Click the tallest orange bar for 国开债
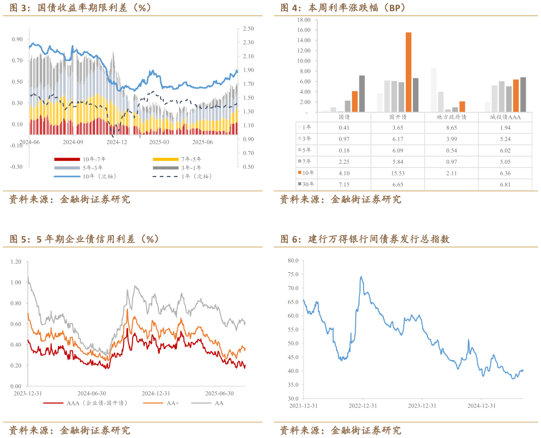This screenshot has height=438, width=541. pyautogui.click(x=408, y=72)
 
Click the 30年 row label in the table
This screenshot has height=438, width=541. pyautogui.click(x=307, y=184)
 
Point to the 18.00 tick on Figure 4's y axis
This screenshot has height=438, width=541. pyautogui.click(x=304, y=20)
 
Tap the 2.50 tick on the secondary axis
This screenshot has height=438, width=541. pyautogui.click(x=248, y=28)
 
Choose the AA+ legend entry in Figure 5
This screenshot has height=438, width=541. pyautogui.click(x=173, y=403)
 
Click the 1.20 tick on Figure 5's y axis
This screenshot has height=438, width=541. pyautogui.click(x=15, y=261)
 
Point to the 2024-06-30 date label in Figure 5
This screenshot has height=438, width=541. pyautogui.click(x=92, y=393)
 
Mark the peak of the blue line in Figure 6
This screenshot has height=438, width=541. pyautogui.click(x=361, y=277)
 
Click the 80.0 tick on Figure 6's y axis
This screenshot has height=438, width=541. pyautogui.click(x=292, y=260)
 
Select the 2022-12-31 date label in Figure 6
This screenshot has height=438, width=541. pyautogui.click(x=363, y=405)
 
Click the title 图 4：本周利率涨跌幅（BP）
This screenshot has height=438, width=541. pyautogui.click(x=343, y=8)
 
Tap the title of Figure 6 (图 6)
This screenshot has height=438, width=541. pyautogui.click(x=365, y=239)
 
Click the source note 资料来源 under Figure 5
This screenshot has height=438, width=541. pyautogui.click(x=70, y=430)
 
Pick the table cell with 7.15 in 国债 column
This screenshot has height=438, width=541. pyautogui.click(x=343, y=184)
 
